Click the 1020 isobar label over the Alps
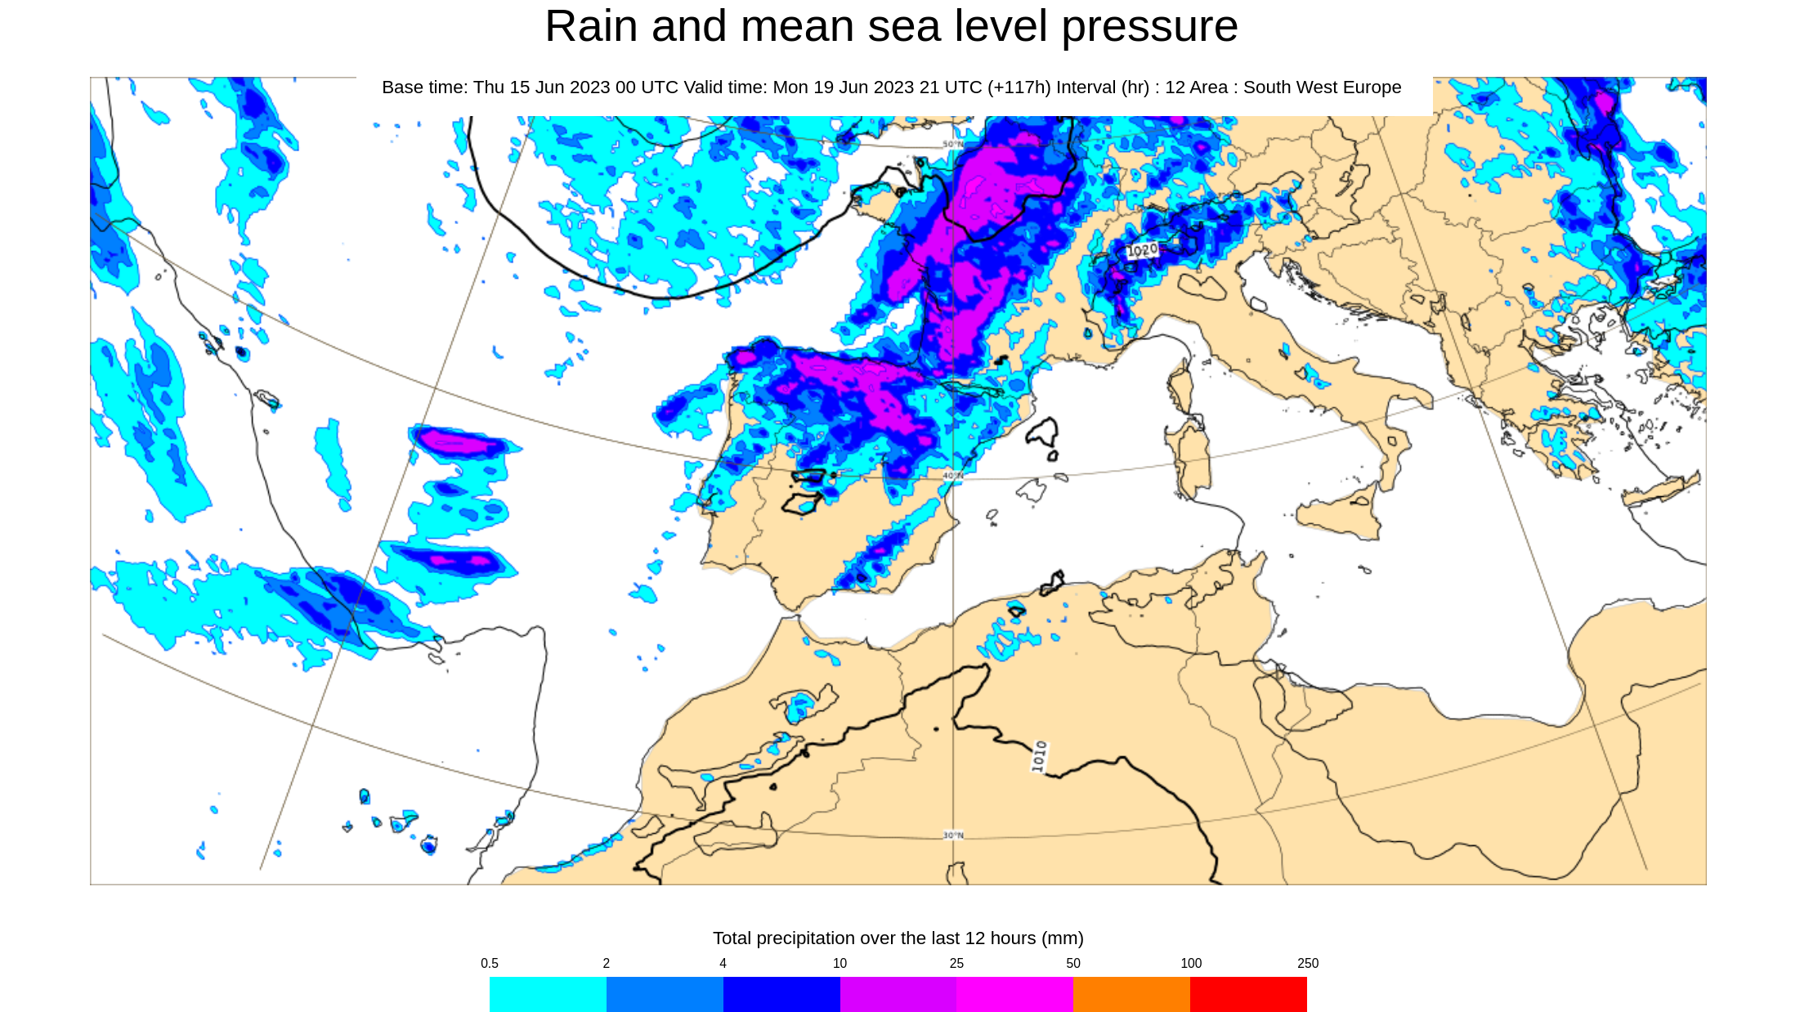click(1142, 250)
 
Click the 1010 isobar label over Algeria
click(1039, 756)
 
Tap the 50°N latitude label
click(953, 144)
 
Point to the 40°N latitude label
click(953, 475)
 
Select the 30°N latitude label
click(953, 835)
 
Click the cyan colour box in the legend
click(548, 993)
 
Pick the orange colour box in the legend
click(1131, 993)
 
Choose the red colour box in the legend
click(1248, 993)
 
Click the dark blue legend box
click(781, 993)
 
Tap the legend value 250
click(1307, 963)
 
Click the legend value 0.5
click(490, 963)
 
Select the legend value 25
click(956, 963)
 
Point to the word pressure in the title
click(1149, 26)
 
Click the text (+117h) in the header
click(1019, 87)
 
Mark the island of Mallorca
click(1030, 491)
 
